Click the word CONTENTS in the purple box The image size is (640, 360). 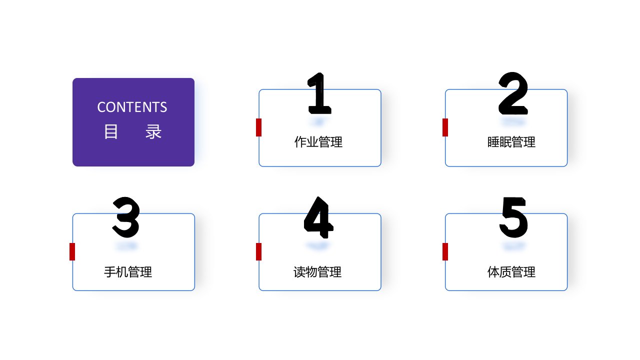(x=132, y=107)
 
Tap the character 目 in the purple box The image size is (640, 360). (x=111, y=131)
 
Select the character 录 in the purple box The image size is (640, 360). (x=153, y=131)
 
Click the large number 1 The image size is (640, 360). (x=319, y=93)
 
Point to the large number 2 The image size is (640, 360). (x=513, y=93)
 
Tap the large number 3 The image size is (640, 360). (x=126, y=217)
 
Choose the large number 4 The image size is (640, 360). (x=318, y=217)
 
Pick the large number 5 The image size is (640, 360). (x=513, y=217)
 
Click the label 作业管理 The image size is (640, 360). (x=318, y=142)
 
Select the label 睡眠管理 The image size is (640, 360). (x=511, y=142)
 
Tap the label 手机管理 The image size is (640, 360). (x=128, y=271)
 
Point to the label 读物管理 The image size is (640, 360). (x=317, y=271)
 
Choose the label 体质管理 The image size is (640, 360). (x=511, y=271)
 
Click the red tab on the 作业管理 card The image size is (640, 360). (x=258, y=127)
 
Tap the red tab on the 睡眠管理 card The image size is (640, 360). (x=445, y=127)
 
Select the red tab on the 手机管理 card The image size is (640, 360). (x=72, y=251)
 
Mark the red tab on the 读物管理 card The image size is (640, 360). (x=258, y=251)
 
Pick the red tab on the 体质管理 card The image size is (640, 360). (x=445, y=251)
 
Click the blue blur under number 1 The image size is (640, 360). (x=318, y=121)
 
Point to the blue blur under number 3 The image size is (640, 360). (x=126, y=246)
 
